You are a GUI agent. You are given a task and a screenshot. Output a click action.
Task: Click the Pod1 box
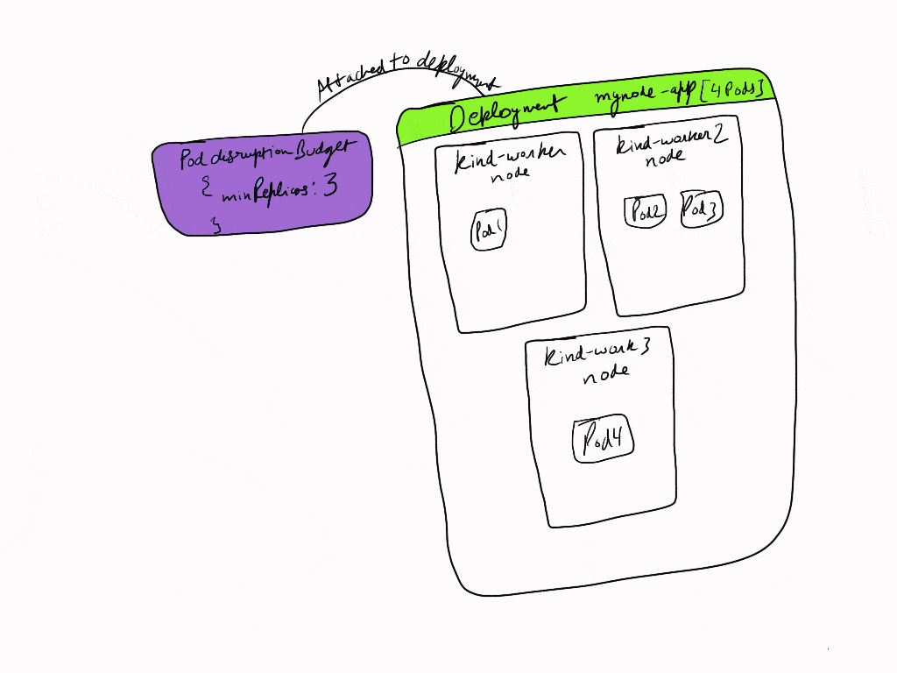tap(489, 230)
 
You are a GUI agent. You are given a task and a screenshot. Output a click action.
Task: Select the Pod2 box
tap(645, 211)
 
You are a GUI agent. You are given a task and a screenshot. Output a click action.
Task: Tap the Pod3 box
tap(702, 209)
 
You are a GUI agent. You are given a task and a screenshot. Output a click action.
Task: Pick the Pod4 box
tap(603, 438)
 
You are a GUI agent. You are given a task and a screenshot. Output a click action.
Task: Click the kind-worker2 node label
tap(670, 149)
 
